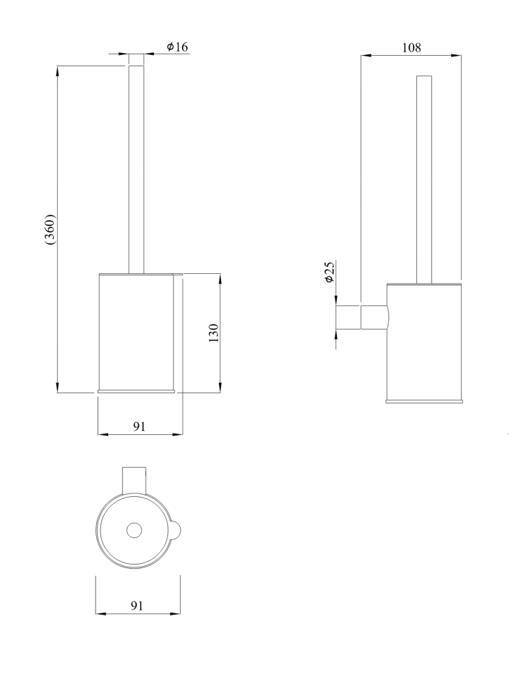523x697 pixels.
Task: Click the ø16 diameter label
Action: (177, 47)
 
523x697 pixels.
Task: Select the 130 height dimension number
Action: (214, 332)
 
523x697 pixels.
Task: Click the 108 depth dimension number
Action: (411, 47)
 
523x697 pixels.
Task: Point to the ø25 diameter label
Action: (330, 272)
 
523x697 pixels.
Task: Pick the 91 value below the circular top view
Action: (137, 606)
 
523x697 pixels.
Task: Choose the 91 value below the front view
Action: (139, 427)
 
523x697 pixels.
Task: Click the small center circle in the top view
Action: (133, 531)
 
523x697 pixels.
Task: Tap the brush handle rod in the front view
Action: (136, 167)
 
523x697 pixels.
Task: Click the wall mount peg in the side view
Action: (349, 316)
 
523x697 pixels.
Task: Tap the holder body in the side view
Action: (424, 342)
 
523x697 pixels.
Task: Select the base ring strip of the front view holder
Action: (136, 389)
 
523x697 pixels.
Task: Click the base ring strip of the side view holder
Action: (424, 401)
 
